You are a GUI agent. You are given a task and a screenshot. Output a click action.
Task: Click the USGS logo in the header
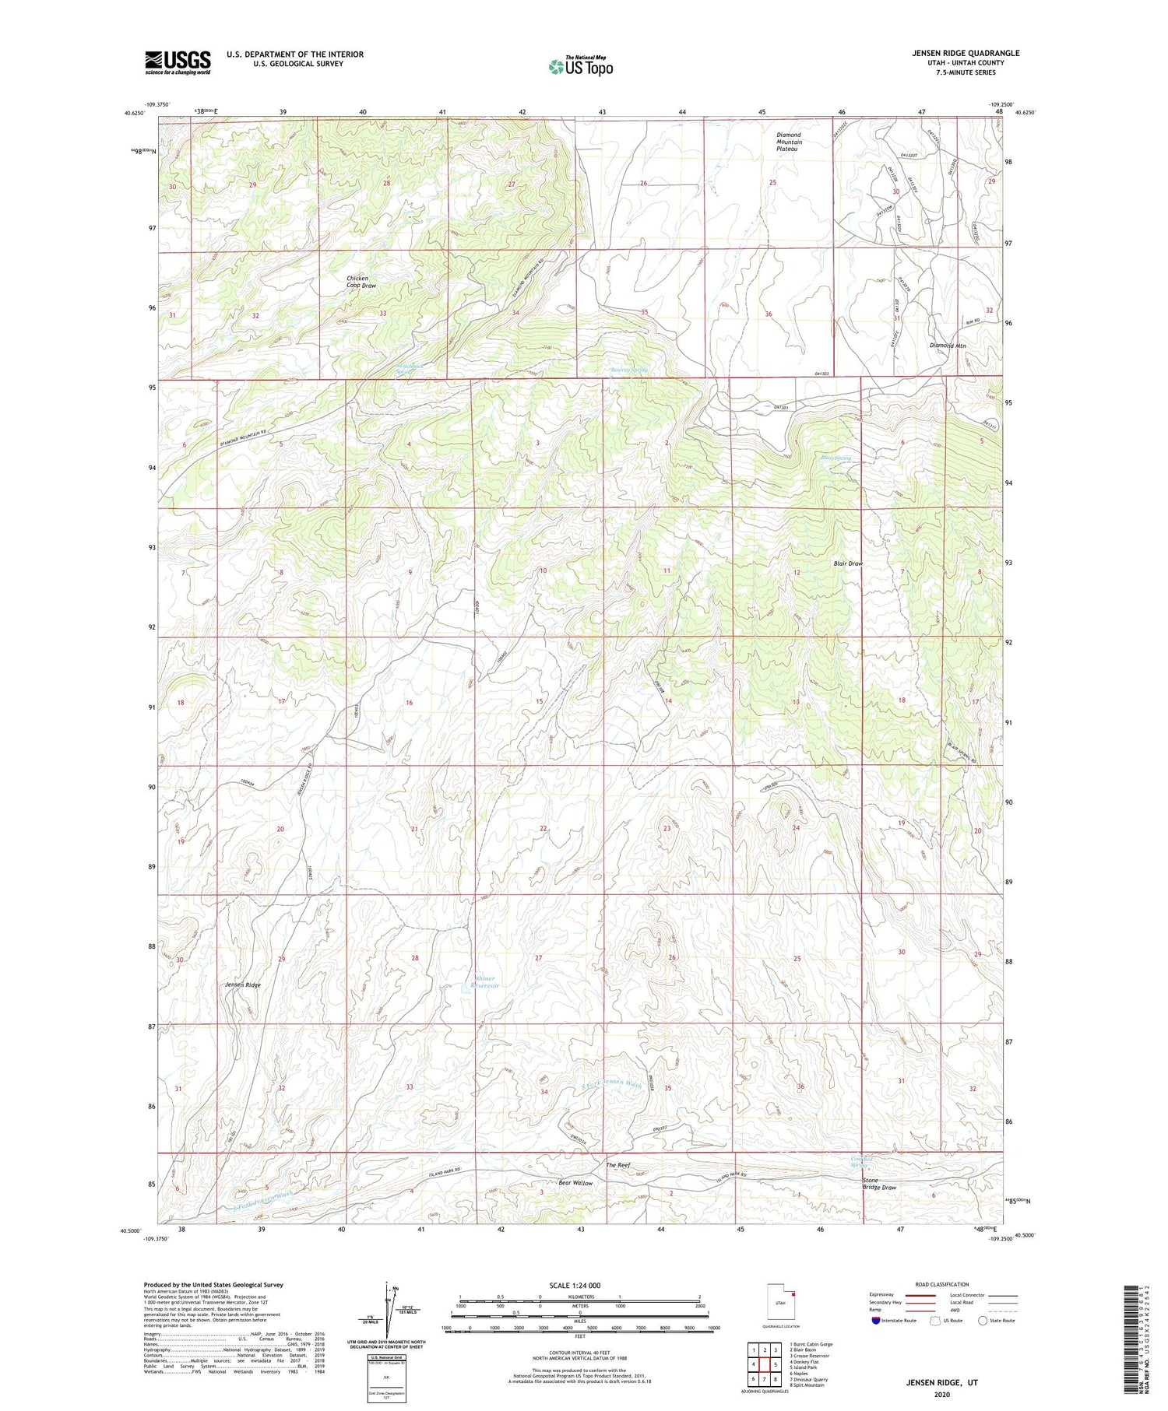pos(178,62)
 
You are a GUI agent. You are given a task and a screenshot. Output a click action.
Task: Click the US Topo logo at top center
pos(579,66)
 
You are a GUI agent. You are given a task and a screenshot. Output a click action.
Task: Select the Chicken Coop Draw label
pos(361,282)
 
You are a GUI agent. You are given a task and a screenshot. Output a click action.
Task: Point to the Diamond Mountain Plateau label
pos(789,142)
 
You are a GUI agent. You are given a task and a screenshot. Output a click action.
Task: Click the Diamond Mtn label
pos(948,346)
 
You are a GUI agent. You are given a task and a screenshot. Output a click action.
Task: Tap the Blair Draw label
pos(848,563)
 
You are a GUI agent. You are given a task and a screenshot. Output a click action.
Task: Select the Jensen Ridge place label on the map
pos(243,985)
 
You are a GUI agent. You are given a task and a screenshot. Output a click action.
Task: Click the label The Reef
pos(617,1165)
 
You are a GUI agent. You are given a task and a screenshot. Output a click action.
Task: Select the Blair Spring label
pos(836,458)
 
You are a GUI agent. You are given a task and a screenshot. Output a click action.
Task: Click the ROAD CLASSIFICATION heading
pos(941,1284)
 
